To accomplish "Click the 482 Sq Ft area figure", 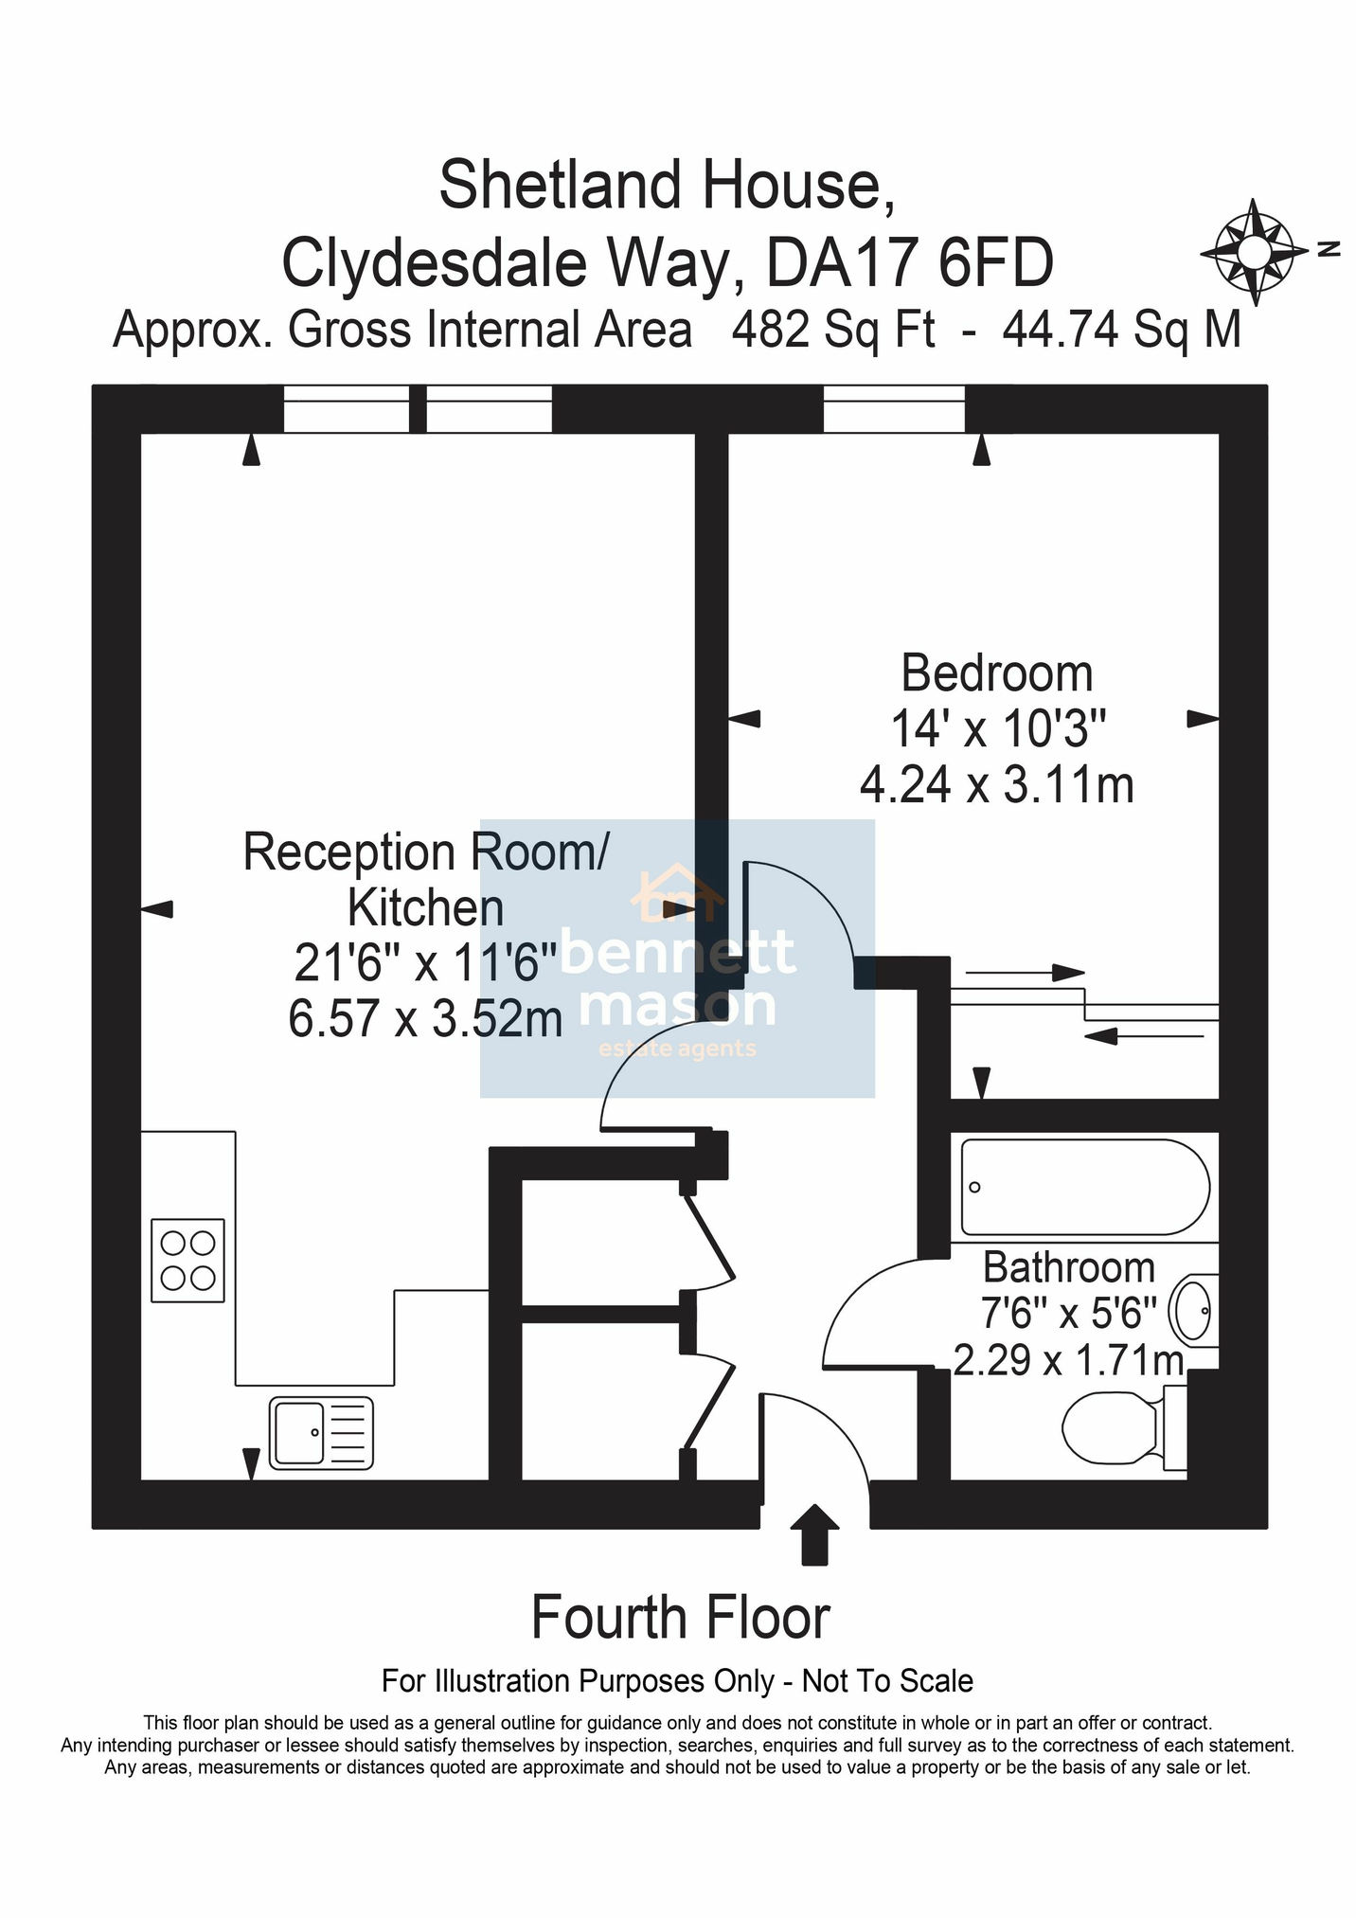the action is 833,330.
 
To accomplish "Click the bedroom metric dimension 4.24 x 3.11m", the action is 997,784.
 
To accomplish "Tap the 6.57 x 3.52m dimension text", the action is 425,1019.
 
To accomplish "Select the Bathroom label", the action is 1069,1267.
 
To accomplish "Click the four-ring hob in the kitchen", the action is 187,1260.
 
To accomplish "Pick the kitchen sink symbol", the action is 321,1433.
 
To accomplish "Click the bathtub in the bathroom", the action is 1085,1187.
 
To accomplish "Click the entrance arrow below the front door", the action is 814,1533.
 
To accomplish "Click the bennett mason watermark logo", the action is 678,958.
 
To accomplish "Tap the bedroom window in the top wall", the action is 894,409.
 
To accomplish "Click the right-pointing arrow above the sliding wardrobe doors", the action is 1025,973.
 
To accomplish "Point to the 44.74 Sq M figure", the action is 1121,330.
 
